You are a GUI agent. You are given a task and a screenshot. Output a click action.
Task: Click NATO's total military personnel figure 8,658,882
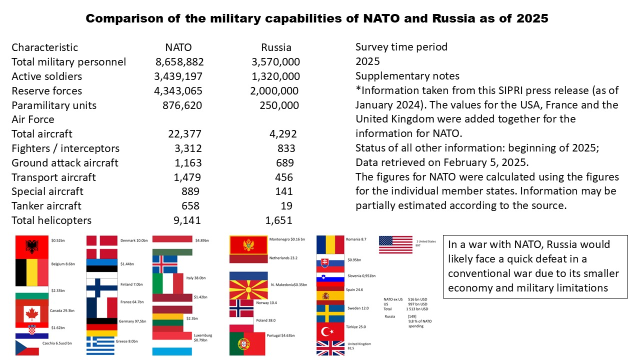tap(179, 62)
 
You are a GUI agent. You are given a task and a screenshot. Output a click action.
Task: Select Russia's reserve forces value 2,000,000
tap(274, 91)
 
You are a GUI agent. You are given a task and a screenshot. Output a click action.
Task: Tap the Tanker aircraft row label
tap(46, 206)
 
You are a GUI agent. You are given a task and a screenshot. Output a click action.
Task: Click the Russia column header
tap(276, 48)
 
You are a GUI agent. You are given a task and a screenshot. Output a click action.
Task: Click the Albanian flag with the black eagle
tap(32, 246)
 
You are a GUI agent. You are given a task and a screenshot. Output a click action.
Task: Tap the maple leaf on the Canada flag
tap(32, 314)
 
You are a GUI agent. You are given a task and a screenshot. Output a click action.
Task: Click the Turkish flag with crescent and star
tap(330, 330)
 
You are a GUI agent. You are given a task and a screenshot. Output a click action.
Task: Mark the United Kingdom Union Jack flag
tap(330, 348)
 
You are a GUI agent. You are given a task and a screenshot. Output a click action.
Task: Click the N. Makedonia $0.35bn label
tap(288, 285)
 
